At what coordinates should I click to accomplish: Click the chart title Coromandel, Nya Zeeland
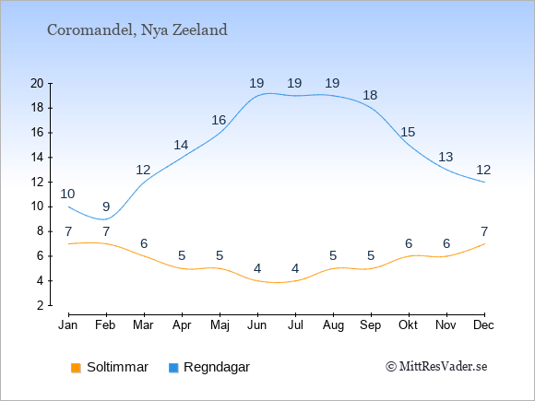(x=137, y=30)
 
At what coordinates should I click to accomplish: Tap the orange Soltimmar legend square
(x=76, y=368)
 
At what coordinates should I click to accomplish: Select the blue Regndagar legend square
(x=173, y=368)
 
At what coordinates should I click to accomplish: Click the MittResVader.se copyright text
(x=436, y=367)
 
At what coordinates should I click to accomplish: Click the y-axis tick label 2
(x=41, y=305)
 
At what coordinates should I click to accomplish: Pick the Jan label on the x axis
(x=68, y=325)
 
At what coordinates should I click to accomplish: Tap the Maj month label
(x=220, y=325)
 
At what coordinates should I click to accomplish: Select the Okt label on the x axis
(x=408, y=325)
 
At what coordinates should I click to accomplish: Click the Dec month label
(x=483, y=325)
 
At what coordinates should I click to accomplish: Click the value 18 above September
(x=370, y=95)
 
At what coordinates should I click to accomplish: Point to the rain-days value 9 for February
(x=106, y=206)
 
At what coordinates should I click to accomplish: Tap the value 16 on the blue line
(x=219, y=120)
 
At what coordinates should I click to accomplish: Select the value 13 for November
(x=446, y=158)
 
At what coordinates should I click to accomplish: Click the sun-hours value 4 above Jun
(x=257, y=268)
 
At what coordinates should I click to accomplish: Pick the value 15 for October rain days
(x=408, y=132)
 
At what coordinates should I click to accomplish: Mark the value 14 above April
(x=181, y=146)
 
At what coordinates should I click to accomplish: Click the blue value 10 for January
(x=67, y=194)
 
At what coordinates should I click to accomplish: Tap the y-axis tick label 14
(x=37, y=158)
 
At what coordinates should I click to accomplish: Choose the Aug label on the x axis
(x=333, y=325)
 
